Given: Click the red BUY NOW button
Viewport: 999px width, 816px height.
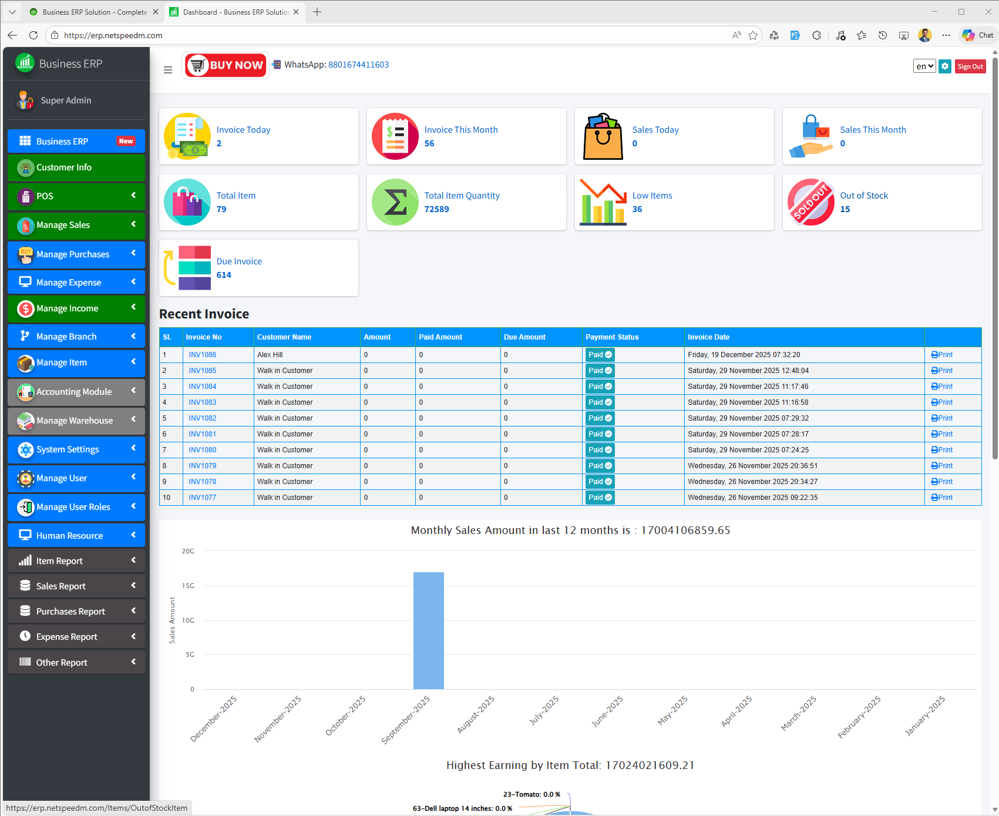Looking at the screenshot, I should click(226, 65).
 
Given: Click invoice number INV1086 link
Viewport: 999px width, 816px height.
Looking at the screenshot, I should click(202, 355).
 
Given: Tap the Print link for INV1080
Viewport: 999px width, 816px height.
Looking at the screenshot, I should click(942, 450).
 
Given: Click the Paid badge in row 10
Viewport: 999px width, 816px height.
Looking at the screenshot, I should click(600, 498).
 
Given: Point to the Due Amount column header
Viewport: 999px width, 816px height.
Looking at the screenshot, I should click(524, 337).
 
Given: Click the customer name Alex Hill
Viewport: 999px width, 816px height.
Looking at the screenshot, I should click(270, 355).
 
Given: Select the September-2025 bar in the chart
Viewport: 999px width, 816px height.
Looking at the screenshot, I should click(428, 630).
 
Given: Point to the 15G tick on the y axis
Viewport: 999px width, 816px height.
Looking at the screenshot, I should click(188, 586).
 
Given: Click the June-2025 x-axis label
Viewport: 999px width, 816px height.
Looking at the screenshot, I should click(607, 711).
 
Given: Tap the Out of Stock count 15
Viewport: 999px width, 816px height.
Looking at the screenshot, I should click(845, 209).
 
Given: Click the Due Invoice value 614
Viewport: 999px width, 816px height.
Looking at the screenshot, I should click(224, 275).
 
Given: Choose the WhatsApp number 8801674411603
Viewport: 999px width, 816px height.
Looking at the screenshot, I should click(358, 65).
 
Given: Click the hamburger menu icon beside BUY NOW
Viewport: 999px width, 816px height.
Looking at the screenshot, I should click(168, 70).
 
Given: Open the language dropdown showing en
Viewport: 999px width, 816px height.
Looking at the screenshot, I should click(924, 66).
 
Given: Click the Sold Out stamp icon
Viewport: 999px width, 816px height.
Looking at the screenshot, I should click(810, 202).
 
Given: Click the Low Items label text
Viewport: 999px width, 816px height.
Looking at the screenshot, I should click(652, 196).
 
